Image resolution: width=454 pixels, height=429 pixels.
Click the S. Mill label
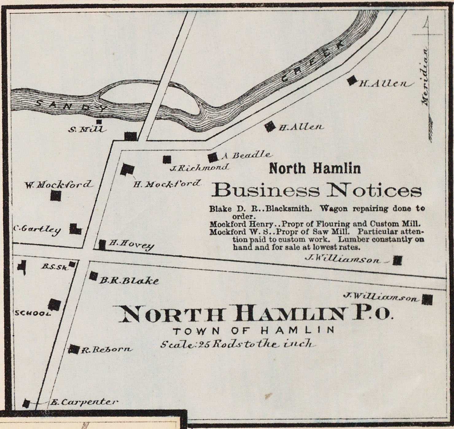click(x=87, y=129)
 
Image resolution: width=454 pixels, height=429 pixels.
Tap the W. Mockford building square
click(x=56, y=196)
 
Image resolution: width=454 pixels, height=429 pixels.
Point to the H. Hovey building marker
click(x=102, y=245)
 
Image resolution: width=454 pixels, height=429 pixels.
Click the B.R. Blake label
click(x=129, y=280)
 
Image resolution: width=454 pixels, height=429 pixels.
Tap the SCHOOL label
click(x=32, y=313)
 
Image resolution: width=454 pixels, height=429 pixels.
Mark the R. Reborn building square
click(x=73, y=349)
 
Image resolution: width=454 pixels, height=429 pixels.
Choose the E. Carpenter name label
click(x=83, y=402)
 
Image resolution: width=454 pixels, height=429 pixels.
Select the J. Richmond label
click(x=200, y=168)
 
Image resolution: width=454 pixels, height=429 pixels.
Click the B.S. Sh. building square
click(x=72, y=264)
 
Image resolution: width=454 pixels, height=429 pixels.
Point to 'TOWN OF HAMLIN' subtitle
click(x=253, y=330)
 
